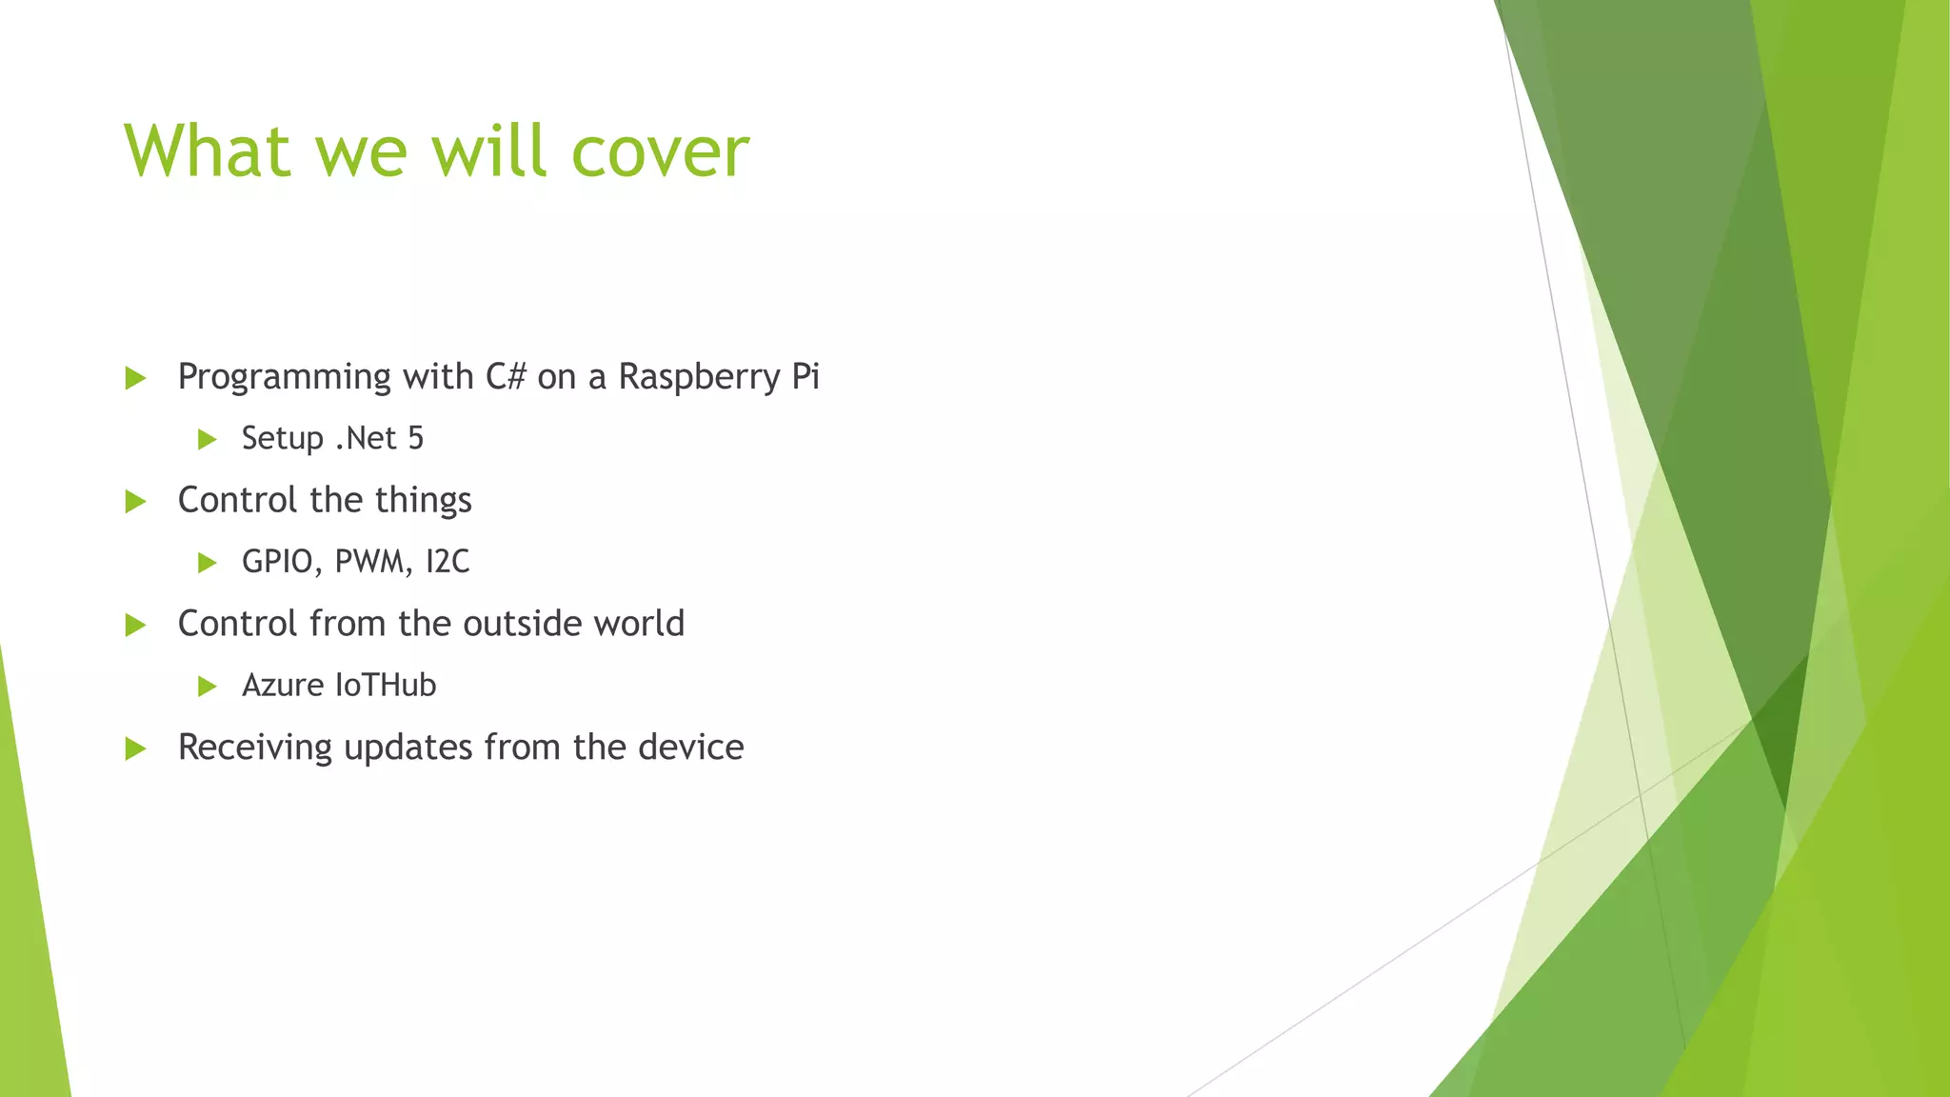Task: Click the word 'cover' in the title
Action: pyautogui.click(x=659, y=152)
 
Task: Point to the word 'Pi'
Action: pyautogui.click(x=806, y=377)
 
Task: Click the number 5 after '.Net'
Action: pyautogui.click(x=415, y=438)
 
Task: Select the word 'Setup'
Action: pyautogui.click(x=283, y=439)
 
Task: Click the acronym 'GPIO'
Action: pyautogui.click(x=277, y=562)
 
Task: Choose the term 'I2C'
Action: pyautogui.click(x=448, y=562)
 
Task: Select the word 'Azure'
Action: pyautogui.click(x=282, y=686)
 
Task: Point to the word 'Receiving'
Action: pyautogui.click(x=255, y=748)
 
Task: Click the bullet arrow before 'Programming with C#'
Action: pyautogui.click(x=136, y=378)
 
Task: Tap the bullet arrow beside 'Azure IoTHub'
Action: pyautogui.click(x=208, y=687)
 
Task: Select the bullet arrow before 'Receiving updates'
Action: pyautogui.click(x=136, y=748)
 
